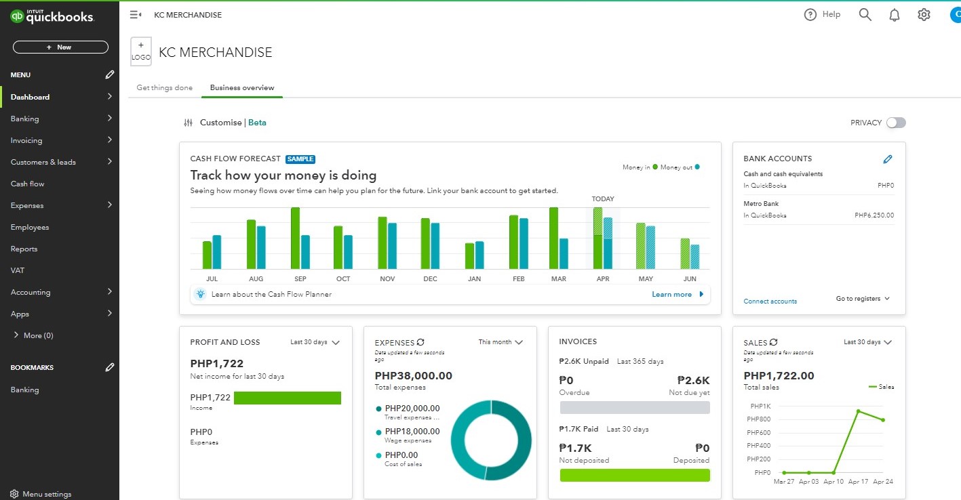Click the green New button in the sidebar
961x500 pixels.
coord(60,47)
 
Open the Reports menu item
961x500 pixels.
coord(24,249)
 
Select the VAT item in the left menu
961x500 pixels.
coord(18,270)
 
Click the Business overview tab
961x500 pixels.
coord(242,87)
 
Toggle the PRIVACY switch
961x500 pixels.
coord(896,123)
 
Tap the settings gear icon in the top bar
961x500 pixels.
coord(924,15)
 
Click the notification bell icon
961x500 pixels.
coord(895,15)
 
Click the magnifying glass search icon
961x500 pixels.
coord(865,15)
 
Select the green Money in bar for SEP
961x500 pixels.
coord(295,238)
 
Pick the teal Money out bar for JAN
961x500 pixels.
coord(479,255)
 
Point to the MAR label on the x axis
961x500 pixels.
coord(559,279)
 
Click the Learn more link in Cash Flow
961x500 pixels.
coord(672,295)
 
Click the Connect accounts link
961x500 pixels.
coord(770,301)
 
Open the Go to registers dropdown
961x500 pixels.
coord(862,299)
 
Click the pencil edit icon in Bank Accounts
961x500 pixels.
coord(888,159)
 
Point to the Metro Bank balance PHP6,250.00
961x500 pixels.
coord(874,215)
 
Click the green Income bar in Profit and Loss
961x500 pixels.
coord(288,398)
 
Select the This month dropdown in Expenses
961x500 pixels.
coord(501,342)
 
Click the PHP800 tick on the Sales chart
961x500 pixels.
coord(760,419)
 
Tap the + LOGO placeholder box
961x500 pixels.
coord(141,51)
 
